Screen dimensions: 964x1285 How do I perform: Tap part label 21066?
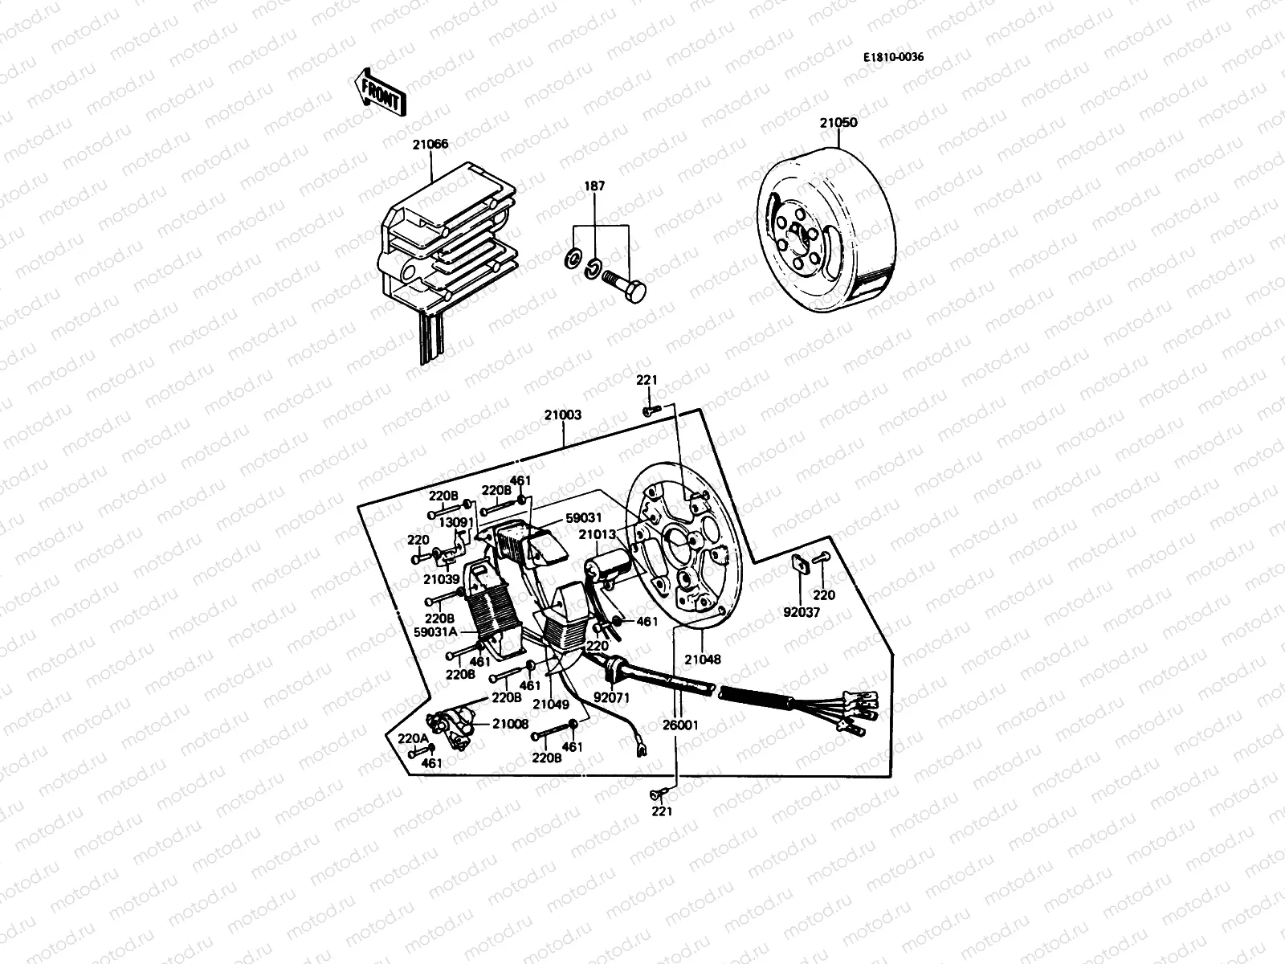(431, 145)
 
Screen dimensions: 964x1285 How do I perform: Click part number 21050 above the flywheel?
(838, 123)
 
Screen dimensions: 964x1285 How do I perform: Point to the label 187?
(595, 186)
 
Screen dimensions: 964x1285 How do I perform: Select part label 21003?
(562, 416)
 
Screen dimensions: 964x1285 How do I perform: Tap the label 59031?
(583, 518)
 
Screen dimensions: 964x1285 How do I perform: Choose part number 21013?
(598, 535)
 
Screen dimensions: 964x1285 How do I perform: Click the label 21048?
(703, 659)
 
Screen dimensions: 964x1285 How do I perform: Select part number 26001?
(680, 725)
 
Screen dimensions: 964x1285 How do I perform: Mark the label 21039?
(443, 579)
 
